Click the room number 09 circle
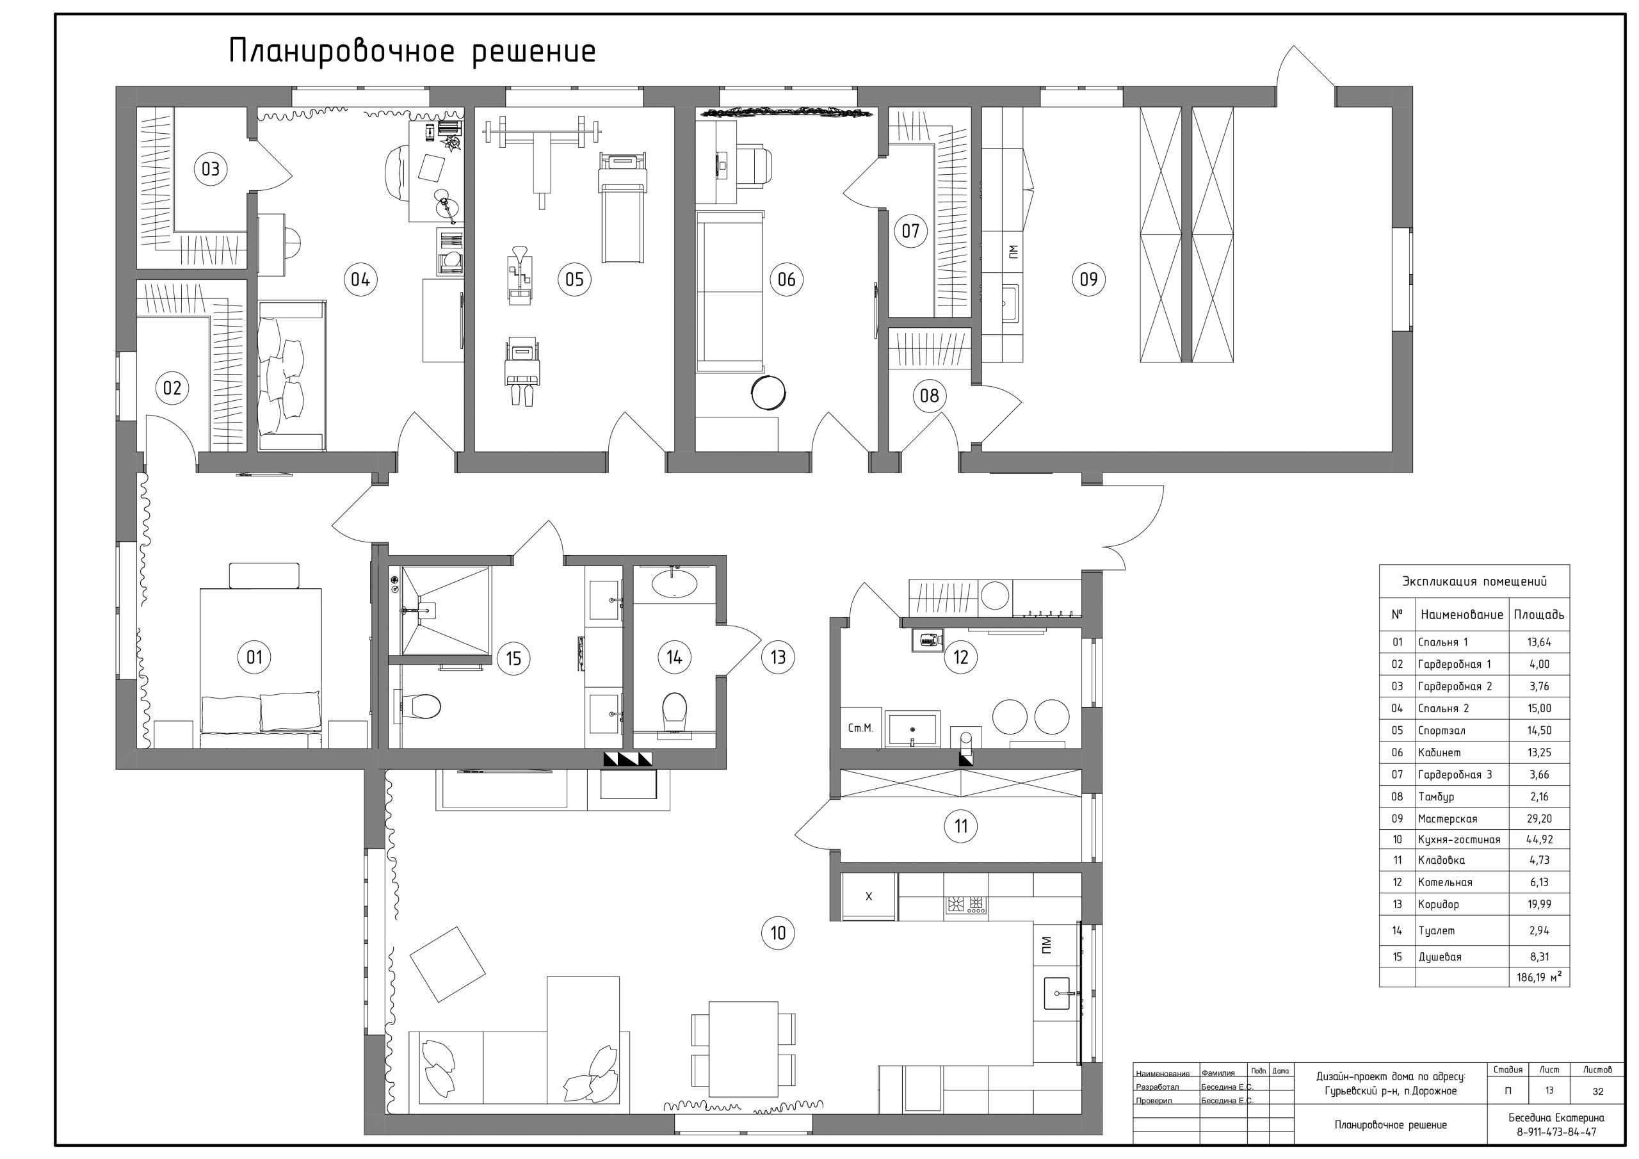point(1088,279)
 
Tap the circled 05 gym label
point(575,279)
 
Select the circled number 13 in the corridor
point(778,657)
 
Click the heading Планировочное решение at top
point(412,52)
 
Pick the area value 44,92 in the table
point(1539,839)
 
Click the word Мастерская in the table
point(1448,819)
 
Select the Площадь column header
point(1539,615)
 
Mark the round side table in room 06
point(768,392)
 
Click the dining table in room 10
point(743,1049)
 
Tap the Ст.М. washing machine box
point(860,727)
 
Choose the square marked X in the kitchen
point(868,896)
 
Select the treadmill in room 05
point(622,207)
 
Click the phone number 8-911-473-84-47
point(1556,1133)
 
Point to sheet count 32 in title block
point(1597,1091)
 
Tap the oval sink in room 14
point(674,583)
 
